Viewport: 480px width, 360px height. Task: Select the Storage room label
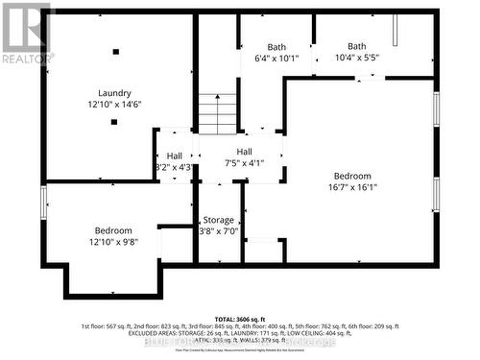coord(218,220)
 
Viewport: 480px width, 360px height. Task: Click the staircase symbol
coord(218,113)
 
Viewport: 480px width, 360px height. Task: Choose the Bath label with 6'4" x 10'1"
coord(276,47)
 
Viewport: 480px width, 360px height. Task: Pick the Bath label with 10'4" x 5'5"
coord(357,46)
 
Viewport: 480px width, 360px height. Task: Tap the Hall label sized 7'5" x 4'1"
coord(245,151)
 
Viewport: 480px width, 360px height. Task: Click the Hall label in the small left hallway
coord(174,156)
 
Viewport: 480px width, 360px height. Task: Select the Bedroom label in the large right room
coord(352,176)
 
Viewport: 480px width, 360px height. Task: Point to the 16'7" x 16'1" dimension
coord(352,188)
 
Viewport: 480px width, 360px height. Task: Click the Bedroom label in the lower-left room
coord(113,229)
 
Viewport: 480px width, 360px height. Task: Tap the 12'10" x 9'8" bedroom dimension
coord(113,242)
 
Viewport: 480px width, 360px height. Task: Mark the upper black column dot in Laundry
coord(115,52)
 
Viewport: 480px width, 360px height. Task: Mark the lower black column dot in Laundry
coord(114,122)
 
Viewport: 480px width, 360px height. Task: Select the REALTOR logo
coord(26,33)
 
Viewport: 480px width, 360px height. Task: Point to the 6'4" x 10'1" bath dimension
coord(276,59)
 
